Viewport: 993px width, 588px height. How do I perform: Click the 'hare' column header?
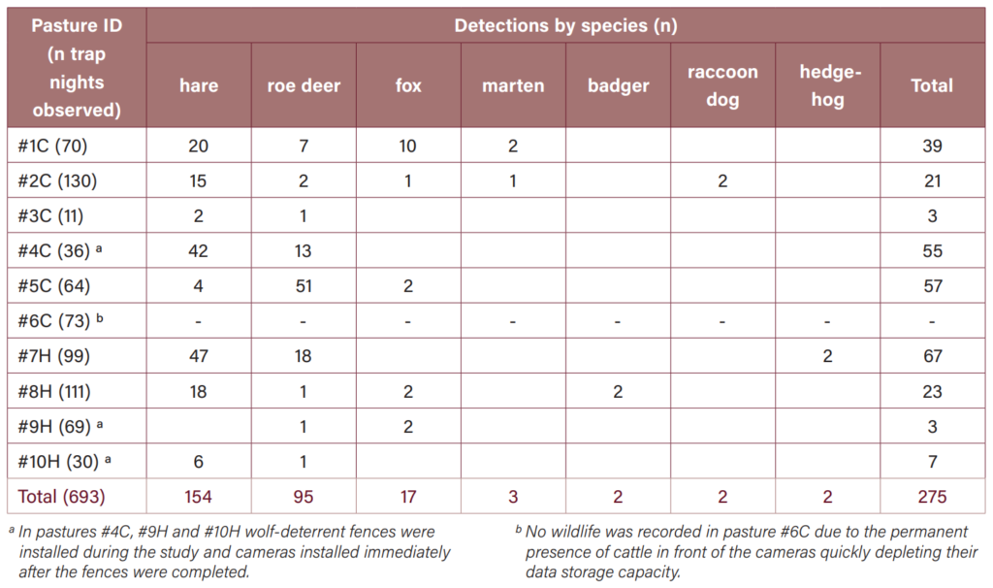[x=199, y=85]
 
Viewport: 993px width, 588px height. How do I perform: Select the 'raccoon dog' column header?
[x=722, y=85]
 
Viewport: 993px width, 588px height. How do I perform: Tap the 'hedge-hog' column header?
[x=828, y=85]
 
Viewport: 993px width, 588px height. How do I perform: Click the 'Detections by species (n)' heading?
[x=565, y=25]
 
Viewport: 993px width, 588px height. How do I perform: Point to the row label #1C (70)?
[x=52, y=146]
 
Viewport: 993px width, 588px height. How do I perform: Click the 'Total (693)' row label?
[x=61, y=496]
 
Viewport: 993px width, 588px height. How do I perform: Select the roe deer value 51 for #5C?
[x=304, y=286]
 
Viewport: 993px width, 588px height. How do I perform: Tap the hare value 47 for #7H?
[x=198, y=356]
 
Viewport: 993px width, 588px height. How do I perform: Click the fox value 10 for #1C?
[x=408, y=146]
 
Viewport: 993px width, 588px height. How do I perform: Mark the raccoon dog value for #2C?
[x=722, y=181]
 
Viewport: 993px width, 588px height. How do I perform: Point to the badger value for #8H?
[x=618, y=392]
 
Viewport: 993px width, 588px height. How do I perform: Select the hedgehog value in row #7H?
[x=828, y=356]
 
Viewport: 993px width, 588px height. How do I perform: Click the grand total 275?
[x=932, y=496]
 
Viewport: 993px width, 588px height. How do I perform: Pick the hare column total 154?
[x=198, y=496]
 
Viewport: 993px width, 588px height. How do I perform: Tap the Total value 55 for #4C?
[x=932, y=251]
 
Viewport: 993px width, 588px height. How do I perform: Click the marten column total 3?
[x=513, y=496]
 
